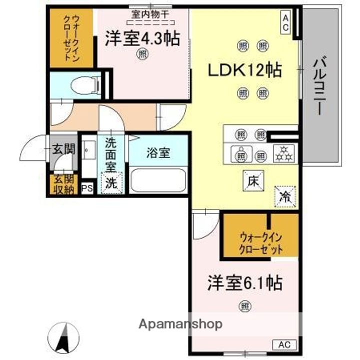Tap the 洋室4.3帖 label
[x=142, y=39]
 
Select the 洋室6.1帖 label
[x=244, y=283]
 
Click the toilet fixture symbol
[x=85, y=85]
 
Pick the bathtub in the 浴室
[x=158, y=180]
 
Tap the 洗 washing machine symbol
[x=111, y=183]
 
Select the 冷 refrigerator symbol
[x=285, y=196]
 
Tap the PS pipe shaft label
[x=87, y=188]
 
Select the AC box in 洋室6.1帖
[x=284, y=344]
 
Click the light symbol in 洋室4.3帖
[x=142, y=53]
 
